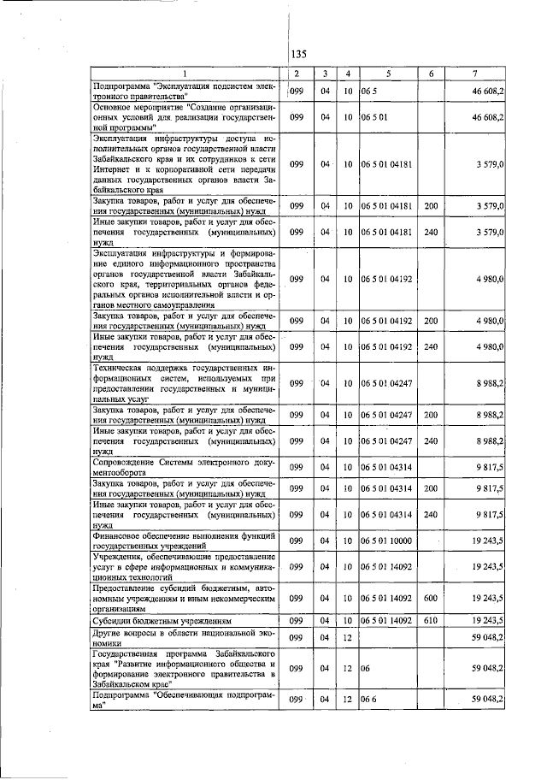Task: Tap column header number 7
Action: pyautogui.click(x=474, y=73)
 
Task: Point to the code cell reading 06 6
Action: pyautogui.click(x=369, y=700)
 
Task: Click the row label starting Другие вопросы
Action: pyautogui.click(x=184, y=637)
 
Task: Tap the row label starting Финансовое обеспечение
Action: pyautogui.click(x=184, y=541)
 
